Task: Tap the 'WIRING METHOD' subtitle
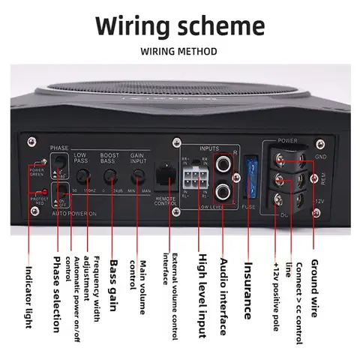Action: click(x=179, y=52)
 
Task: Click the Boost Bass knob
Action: click(x=111, y=177)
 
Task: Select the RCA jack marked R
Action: click(x=224, y=162)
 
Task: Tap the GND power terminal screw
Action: click(x=283, y=159)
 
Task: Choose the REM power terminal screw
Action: click(x=283, y=180)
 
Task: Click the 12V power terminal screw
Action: click(x=283, y=200)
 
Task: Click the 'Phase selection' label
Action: click(x=56, y=294)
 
